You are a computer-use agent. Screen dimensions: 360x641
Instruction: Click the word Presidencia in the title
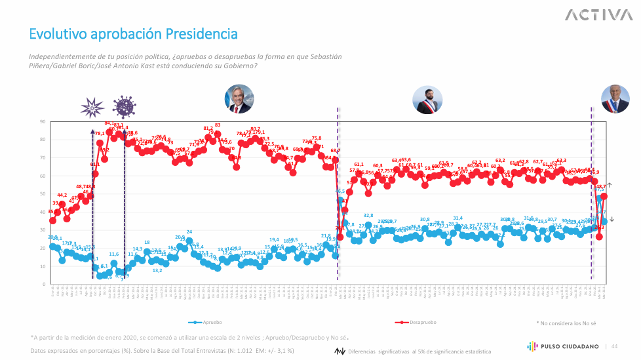tap(201, 33)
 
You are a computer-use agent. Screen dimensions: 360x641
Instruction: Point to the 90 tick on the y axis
tap(42, 121)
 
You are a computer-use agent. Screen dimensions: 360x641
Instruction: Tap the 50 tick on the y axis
tap(42, 194)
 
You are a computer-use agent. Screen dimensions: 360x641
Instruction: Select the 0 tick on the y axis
tap(43, 285)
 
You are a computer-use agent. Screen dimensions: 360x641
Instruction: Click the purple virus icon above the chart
tap(123, 106)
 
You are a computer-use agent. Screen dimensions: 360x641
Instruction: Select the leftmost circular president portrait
tap(239, 100)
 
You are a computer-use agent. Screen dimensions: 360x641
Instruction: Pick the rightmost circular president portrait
tap(615, 99)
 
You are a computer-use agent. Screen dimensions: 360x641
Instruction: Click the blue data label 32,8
tap(368, 216)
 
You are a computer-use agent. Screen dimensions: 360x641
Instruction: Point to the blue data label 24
tap(189, 232)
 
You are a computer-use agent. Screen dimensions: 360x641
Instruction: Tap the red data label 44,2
tap(62, 195)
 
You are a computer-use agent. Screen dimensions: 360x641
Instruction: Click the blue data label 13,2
tap(157, 270)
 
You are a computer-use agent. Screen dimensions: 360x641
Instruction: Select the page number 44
tap(615, 346)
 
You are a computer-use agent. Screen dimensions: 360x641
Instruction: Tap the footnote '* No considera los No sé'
tap(567, 323)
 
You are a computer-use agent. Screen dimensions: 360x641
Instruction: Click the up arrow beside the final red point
tap(610, 186)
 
